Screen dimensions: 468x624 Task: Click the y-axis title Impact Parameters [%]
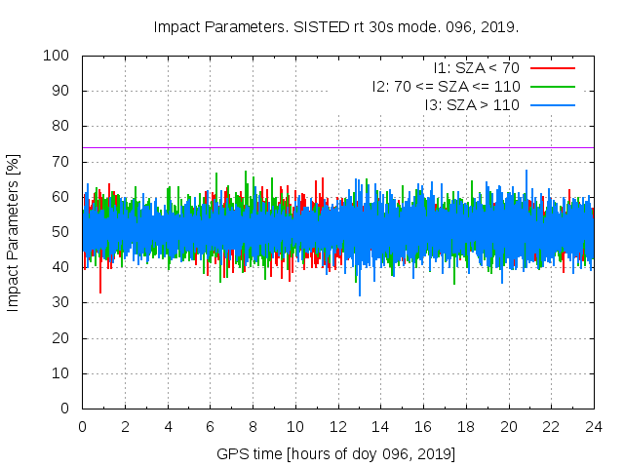(14, 232)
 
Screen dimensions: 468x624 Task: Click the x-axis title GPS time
(336, 454)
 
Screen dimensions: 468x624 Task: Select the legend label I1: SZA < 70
(476, 68)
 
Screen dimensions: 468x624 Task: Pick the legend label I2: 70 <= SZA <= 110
(446, 87)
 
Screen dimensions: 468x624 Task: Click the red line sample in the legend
(551, 68)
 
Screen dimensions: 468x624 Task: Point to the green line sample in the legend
(551, 87)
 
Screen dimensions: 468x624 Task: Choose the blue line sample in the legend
(551, 104)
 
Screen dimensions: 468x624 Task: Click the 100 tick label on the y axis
(55, 56)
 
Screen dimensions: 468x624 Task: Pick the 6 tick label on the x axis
(211, 426)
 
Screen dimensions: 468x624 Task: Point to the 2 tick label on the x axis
(125, 426)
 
